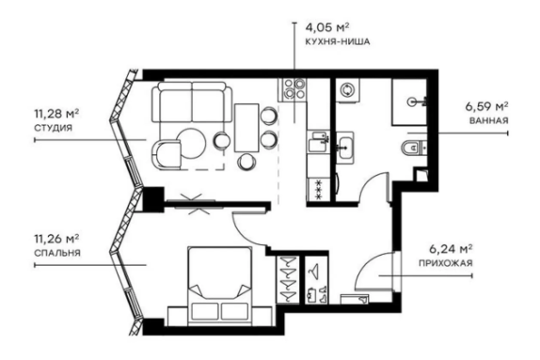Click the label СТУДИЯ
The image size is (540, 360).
[54, 128]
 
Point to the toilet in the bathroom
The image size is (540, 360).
[411, 149]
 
